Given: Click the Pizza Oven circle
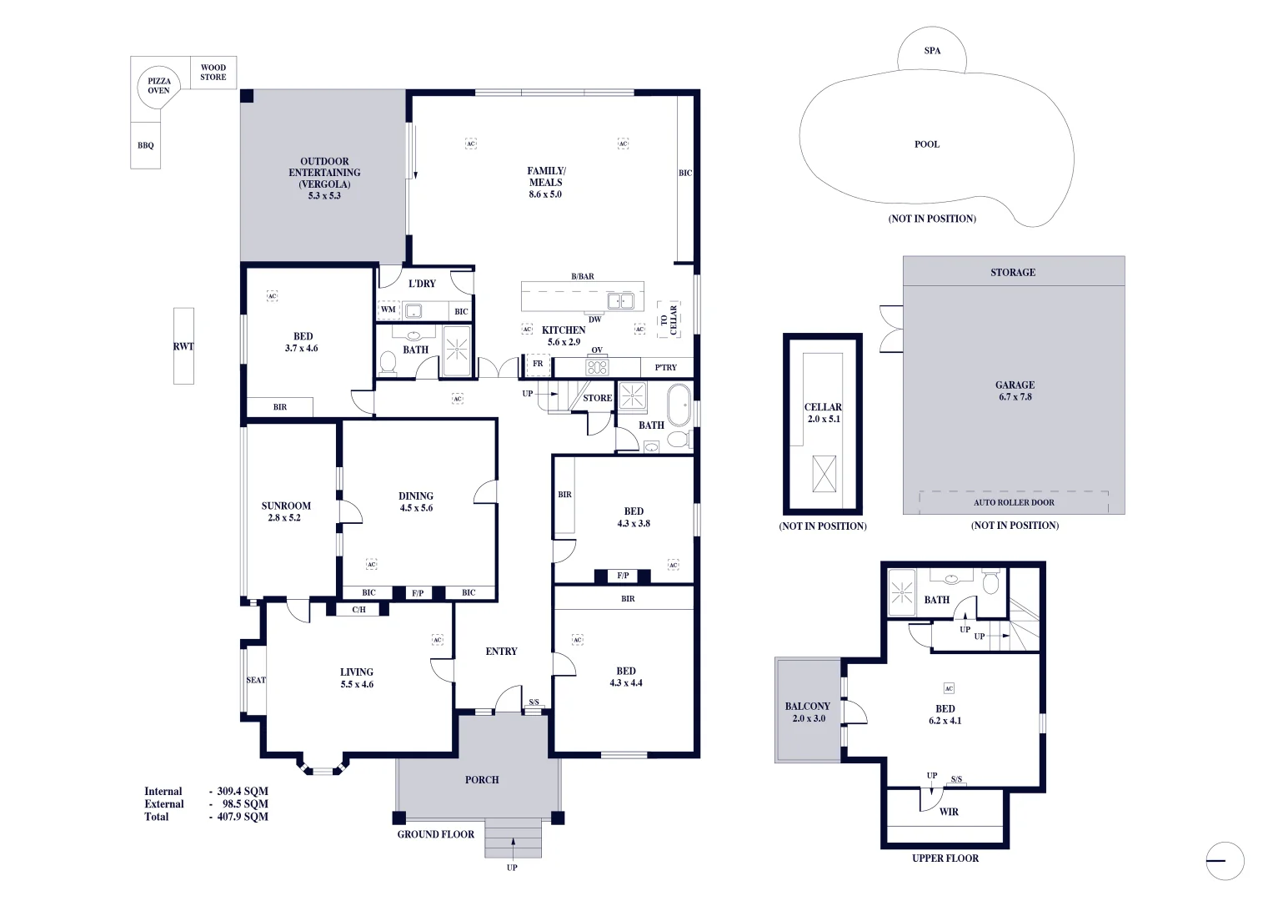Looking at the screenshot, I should (x=158, y=86).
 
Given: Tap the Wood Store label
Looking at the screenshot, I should (x=213, y=73).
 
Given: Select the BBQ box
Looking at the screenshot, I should (x=146, y=145).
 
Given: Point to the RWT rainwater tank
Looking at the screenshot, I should (x=183, y=346).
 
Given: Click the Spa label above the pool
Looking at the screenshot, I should (x=932, y=51).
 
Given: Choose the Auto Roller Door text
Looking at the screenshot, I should (x=1014, y=502).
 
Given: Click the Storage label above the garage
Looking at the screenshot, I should (x=1013, y=272).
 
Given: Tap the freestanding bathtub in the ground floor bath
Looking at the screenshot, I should (x=679, y=405).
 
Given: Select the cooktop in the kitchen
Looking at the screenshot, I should (x=597, y=366).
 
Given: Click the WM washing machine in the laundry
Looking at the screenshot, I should (x=388, y=310).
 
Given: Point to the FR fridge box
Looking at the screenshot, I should (x=538, y=365).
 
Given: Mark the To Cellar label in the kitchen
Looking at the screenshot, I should (x=669, y=320).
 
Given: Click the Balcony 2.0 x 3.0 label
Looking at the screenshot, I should (x=808, y=712).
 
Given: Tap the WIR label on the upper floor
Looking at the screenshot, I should (x=949, y=812).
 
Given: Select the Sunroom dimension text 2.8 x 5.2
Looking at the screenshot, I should (x=284, y=518).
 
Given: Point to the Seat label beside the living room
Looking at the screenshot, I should (x=256, y=680).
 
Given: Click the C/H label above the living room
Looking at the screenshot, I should (x=358, y=610).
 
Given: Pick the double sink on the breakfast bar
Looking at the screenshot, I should (x=620, y=301).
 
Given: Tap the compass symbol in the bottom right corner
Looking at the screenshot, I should (x=1224, y=861).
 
